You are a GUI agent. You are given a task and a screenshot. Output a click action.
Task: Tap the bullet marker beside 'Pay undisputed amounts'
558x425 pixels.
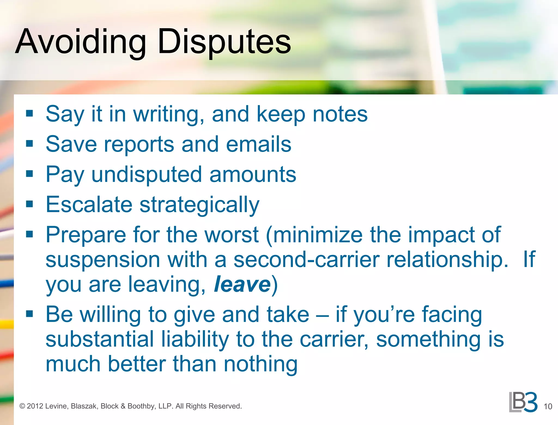point(29,174)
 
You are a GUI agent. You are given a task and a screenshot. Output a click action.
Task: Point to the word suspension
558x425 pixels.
point(103,260)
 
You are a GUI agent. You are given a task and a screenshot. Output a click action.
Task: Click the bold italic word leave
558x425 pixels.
point(242,284)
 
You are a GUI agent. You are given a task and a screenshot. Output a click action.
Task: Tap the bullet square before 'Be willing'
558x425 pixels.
point(29,314)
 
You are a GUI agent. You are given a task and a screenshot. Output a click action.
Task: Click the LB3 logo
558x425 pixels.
point(523,402)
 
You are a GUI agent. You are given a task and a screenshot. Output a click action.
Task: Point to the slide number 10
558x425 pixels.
point(548,406)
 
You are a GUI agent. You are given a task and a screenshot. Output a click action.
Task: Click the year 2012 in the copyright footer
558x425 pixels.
point(35,406)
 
